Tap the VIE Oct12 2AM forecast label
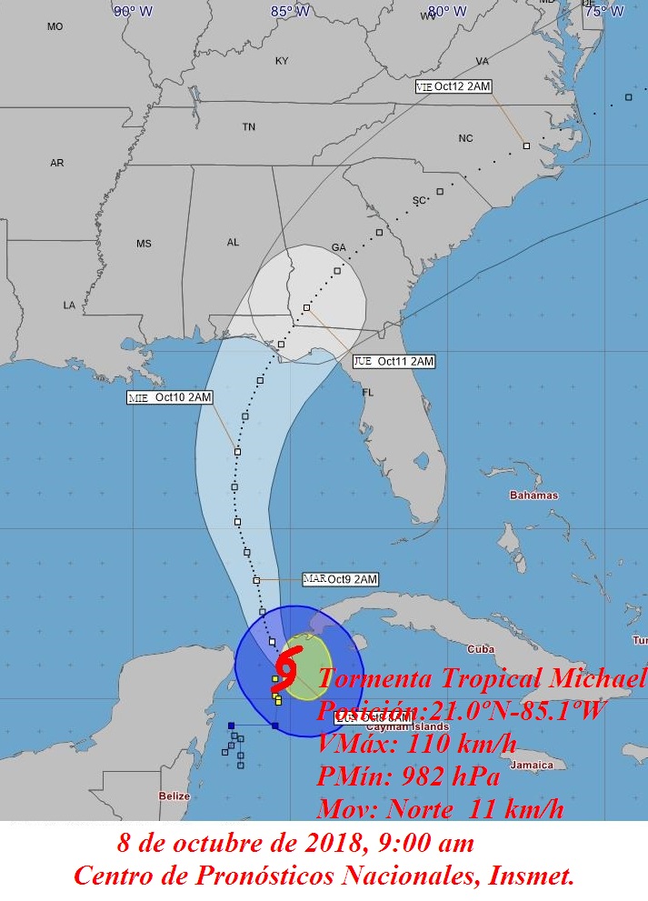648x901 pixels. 453,86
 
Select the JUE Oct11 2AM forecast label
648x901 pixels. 394,361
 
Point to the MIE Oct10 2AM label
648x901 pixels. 170,397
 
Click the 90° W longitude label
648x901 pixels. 134,11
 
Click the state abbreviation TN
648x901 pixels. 248,127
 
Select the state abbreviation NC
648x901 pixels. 465,138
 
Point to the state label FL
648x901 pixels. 368,393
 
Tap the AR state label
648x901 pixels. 57,163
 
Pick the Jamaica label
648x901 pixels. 532,765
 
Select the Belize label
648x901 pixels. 174,796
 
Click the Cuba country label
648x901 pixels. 480,649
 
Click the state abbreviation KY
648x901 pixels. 282,61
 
